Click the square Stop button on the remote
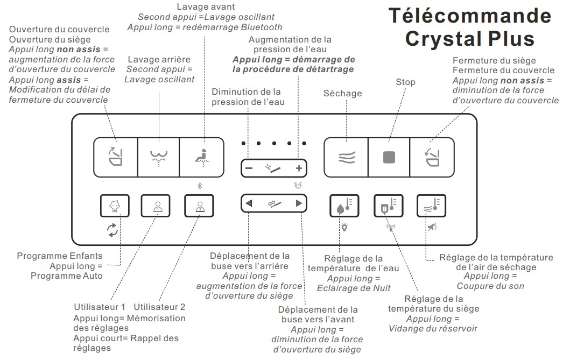[389, 157]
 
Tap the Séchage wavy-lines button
[346, 157]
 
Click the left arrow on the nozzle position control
[249, 203]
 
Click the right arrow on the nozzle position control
[299, 203]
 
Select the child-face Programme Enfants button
[114, 206]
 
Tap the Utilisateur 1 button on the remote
[157, 206]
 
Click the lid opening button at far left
[115, 157]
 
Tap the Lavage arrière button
[158, 157]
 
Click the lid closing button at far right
[431, 157]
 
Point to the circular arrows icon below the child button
[113, 231]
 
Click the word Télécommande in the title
[469, 16]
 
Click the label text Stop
[405, 82]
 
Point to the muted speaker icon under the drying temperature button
[432, 227]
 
